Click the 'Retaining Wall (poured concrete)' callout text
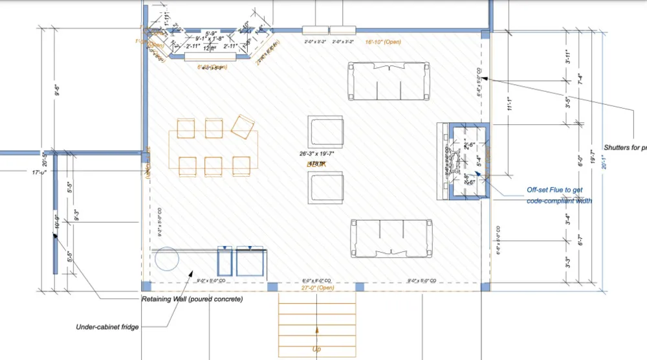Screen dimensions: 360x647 pos(192,299)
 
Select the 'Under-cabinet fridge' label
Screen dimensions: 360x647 pos(107,327)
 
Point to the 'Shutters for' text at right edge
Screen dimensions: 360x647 pos(624,147)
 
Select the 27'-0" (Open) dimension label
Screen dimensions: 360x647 pos(317,287)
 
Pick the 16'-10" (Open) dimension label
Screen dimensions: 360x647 pos(383,41)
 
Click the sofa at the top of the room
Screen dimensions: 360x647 pos(389,82)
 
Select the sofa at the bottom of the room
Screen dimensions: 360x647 pos(391,238)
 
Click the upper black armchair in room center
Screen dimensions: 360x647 pos(325,132)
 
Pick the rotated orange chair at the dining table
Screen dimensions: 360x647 pos(243,127)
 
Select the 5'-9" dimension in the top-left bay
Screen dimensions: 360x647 pos(210,33)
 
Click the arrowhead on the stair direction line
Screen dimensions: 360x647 pos(317,330)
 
